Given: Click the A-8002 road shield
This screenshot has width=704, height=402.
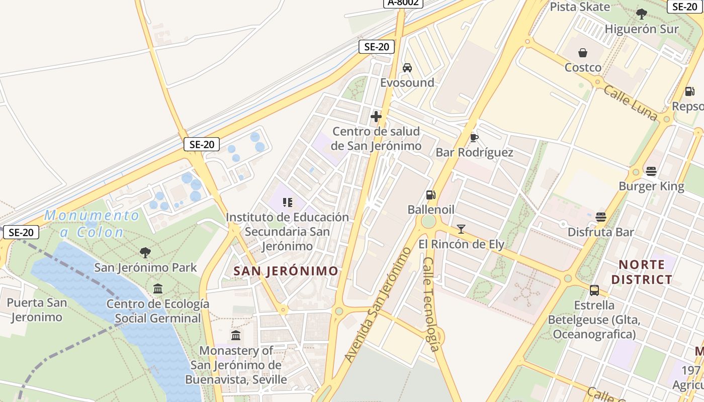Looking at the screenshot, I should coord(403,3).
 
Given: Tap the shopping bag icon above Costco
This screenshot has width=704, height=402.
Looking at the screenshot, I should coord(583,53).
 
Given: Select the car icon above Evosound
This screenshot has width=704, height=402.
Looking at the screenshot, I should coord(407,68).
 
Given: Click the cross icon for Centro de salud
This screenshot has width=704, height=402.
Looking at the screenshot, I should coord(376,117).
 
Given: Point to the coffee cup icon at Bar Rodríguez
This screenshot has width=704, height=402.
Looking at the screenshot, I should coord(474,138).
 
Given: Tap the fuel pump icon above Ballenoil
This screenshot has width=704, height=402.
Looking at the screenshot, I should coord(430,194).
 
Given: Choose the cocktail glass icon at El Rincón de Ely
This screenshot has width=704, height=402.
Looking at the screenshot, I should coord(461,230).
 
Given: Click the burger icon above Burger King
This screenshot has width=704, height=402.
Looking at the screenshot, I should coord(651,171).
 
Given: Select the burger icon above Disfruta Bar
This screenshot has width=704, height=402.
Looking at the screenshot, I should coord(600,217).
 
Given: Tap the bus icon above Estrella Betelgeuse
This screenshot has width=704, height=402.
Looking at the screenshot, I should coord(594,290).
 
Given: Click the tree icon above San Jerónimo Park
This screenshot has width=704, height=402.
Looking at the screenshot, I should coord(145,252).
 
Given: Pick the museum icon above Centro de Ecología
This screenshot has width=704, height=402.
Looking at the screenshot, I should coord(158,289).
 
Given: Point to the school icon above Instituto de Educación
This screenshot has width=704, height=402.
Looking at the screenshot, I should coord(288,203).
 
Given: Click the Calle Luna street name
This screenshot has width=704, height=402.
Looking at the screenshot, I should coord(631,103).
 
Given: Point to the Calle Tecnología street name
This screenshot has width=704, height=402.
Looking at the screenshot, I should coord(432,305).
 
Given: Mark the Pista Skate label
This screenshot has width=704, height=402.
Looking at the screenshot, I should coord(580,7).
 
